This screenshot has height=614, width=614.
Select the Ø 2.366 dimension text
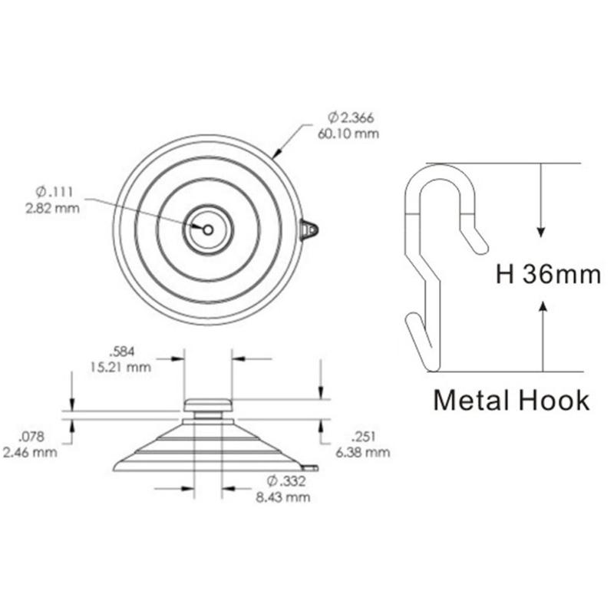coord(351,117)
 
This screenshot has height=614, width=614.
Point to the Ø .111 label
coord(55,192)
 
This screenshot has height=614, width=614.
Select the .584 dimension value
coord(121,352)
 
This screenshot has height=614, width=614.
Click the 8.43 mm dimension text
coord(283,497)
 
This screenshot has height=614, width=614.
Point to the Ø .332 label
coord(285,481)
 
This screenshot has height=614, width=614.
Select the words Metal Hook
coord(511,400)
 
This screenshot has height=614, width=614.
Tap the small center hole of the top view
coord(208,228)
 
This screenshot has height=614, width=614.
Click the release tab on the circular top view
coord(309,229)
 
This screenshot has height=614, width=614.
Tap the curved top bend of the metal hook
coord(440,173)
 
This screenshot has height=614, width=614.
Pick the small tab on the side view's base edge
coord(310,466)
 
